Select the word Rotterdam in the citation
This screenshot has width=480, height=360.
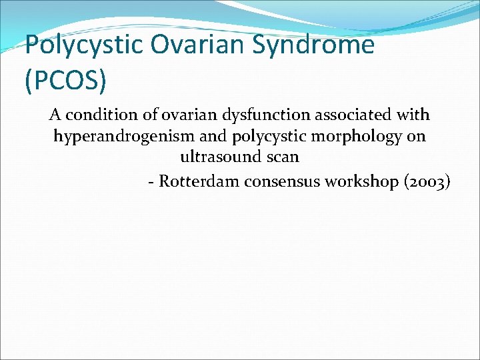tap(200, 181)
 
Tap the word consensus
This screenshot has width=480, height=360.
tap(283, 181)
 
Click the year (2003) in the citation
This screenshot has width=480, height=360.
tap(427, 181)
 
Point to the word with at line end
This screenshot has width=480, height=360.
tap(413, 115)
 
